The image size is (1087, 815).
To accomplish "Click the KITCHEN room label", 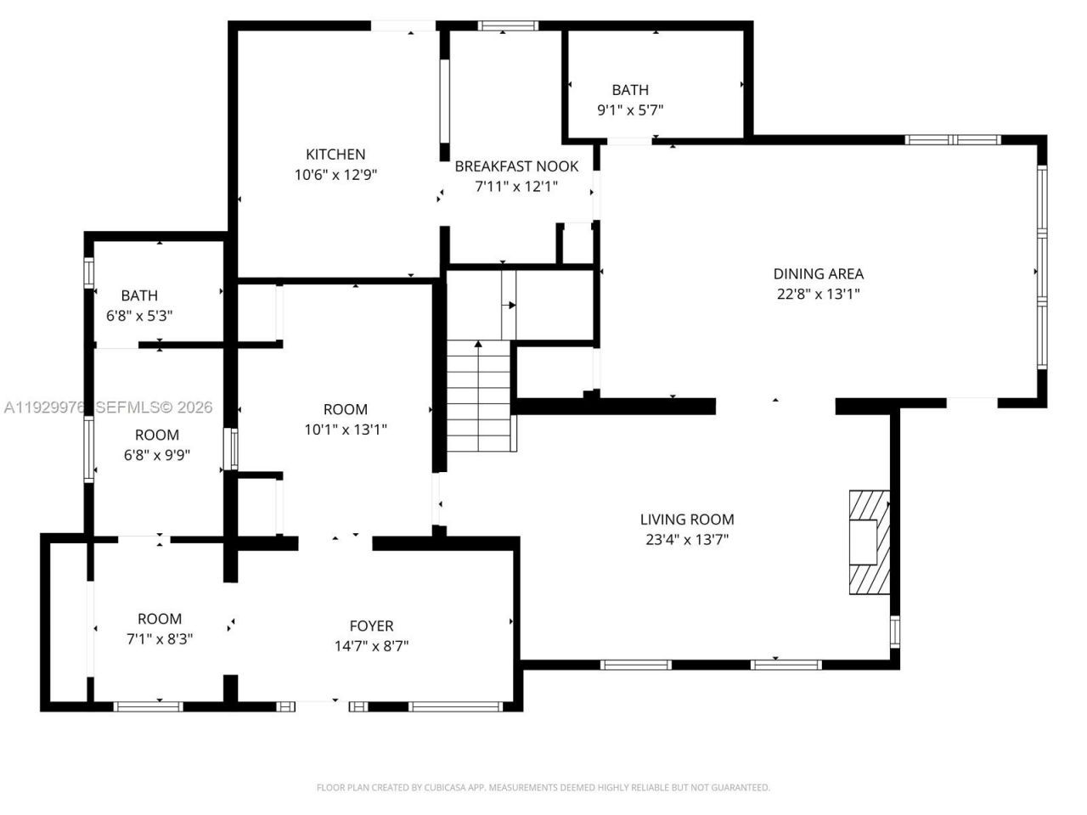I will point(335,155).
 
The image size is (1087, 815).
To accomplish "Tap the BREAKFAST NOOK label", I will point(516,166).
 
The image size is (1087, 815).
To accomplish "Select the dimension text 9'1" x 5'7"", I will point(629,110).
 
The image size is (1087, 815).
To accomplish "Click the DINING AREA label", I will point(818,273).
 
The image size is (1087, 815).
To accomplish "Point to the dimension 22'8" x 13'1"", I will point(818,295).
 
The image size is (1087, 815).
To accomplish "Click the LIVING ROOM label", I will point(686,519).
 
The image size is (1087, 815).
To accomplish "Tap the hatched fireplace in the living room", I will point(869,542).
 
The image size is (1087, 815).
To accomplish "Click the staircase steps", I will point(480,399).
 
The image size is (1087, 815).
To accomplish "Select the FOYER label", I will point(371,626).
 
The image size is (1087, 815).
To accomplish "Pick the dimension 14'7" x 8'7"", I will point(371,646).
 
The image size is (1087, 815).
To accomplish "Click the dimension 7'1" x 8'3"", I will point(160,639).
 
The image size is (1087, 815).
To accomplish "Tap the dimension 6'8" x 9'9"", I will point(157,455).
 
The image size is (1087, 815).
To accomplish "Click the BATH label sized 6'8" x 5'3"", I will point(139,295).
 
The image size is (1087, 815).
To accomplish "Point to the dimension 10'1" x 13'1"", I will point(346,430).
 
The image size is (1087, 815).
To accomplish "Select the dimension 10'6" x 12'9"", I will point(335,175).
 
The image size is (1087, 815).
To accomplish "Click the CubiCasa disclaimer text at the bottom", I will point(543,787).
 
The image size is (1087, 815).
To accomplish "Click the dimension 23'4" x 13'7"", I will point(686,539).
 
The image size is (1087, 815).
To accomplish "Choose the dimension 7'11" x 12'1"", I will point(516,187).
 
